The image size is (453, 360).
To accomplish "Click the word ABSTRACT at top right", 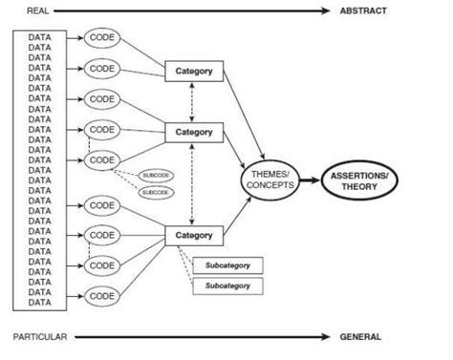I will point(362,11).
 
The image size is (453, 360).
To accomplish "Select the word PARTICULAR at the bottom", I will point(40,336).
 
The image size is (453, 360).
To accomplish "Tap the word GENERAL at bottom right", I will point(360,336).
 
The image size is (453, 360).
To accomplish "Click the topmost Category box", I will point(194,71).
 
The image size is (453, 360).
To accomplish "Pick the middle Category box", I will point(194,131).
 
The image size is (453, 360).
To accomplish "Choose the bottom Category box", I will point(194,234).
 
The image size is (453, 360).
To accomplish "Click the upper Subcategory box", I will point(227,265).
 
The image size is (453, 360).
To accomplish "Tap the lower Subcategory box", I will point(227,286).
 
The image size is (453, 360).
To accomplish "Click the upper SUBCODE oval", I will point(154,176).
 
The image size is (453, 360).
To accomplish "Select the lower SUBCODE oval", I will point(154,192).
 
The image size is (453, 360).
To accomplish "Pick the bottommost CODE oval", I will point(101,295).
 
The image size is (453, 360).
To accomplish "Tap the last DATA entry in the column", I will point(40,302).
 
